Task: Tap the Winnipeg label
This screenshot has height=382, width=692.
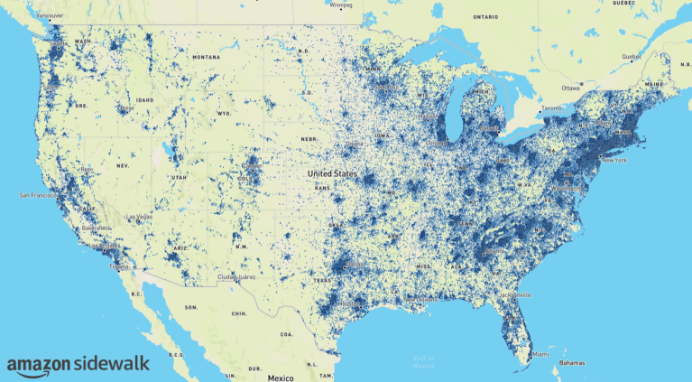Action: click(340, 5)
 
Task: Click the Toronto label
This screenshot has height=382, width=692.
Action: click(552, 108)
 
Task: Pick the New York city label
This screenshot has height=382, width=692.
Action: click(614, 160)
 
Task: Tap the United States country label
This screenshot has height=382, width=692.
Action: click(332, 172)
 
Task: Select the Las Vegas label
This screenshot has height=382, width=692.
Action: click(138, 218)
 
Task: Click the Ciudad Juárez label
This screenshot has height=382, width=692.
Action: click(236, 277)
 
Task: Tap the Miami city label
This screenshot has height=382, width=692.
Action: click(540, 354)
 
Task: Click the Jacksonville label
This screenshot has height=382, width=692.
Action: click(514, 294)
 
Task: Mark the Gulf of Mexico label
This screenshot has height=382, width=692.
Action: click(424, 361)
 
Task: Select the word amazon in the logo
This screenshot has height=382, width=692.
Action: click(39, 365)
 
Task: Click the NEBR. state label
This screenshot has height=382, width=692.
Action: click(310, 138)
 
